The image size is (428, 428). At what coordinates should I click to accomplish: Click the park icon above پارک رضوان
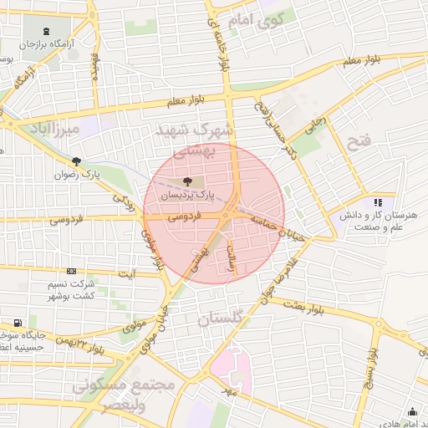[77, 161]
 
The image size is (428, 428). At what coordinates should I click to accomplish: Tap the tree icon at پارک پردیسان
[186, 181]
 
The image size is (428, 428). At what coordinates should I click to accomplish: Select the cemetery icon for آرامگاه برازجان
[45, 31]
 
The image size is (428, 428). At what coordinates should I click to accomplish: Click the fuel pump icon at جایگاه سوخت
[18, 322]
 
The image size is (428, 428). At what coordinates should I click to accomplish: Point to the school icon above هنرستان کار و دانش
[378, 201]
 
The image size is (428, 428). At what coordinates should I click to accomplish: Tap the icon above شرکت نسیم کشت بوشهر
[71, 271]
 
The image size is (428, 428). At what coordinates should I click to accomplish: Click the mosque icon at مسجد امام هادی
[411, 411]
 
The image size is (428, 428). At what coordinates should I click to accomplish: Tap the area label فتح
[359, 141]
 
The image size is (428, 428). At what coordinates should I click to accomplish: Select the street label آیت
[127, 273]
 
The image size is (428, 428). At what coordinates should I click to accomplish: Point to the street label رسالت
[234, 266]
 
